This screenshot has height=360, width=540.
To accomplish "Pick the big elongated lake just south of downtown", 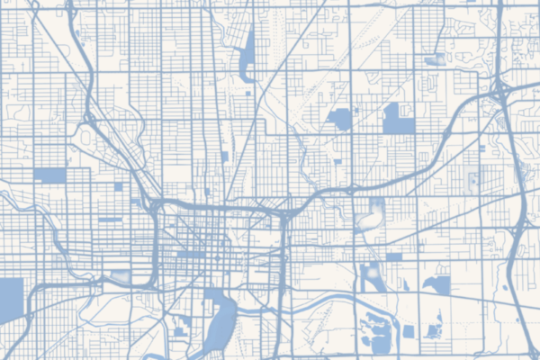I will pos(219,324).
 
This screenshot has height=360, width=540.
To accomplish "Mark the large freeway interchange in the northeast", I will pos(498,89).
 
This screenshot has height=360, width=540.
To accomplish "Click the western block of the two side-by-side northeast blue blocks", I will pos(341,119).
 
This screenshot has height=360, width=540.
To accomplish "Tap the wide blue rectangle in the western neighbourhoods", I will pos(50,175).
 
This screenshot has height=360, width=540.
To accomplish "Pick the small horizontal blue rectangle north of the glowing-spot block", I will pos(393,257).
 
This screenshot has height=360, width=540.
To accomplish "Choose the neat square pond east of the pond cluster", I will pos(409,331).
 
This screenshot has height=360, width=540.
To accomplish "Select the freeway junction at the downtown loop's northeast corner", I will pos(282,216).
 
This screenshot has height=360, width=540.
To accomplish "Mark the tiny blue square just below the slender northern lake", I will pos(247,93).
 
